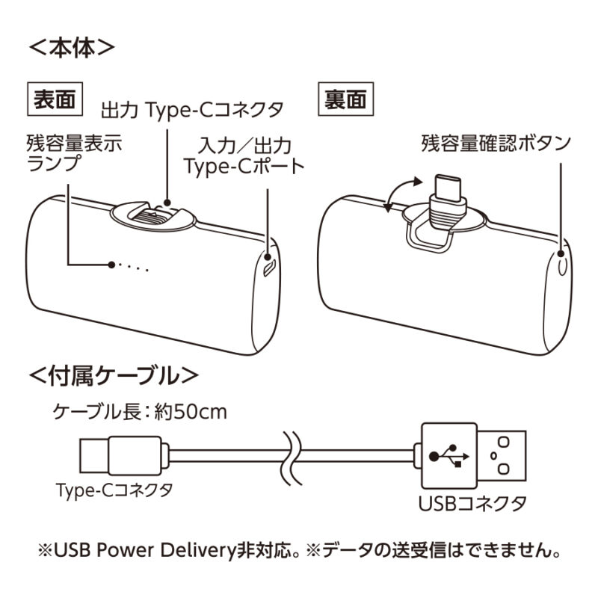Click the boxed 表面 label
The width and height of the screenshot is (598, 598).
[55, 100]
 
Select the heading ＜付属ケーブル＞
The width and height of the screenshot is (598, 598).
[114, 374]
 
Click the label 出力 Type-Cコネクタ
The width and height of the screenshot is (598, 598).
[192, 110]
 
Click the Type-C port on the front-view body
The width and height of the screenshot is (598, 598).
[270, 265]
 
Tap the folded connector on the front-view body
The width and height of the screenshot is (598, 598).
[156, 217]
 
